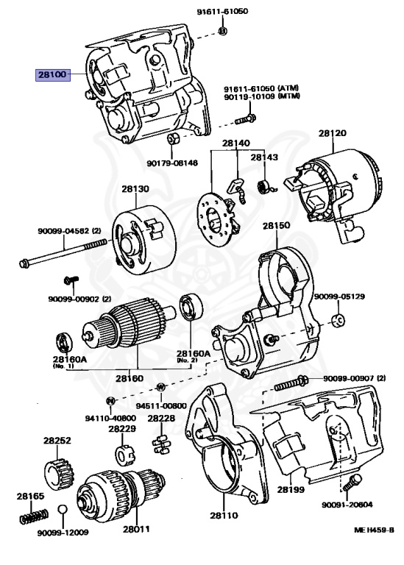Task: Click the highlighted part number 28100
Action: coord(53,75)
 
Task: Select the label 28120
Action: coord(333,133)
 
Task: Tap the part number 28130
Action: coord(135,189)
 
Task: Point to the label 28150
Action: coord(276,226)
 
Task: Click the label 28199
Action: coord(291,490)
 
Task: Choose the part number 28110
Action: coord(224,516)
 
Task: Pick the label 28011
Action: coord(136,530)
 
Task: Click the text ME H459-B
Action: coord(374,530)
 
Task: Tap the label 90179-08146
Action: coord(172,163)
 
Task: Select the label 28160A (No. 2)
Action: coord(193,356)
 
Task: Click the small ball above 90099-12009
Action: coord(63,510)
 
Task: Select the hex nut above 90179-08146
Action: coord(172,138)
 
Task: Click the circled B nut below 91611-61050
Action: coord(223,31)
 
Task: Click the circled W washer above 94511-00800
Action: coord(160,388)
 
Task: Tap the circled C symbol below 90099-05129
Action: coord(338,320)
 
